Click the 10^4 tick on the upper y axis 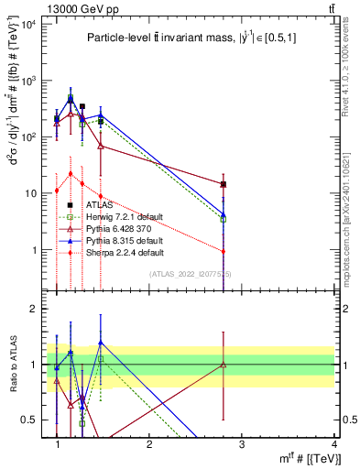coord(27,24)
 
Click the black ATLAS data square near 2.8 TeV coord(224,184)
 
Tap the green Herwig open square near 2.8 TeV coord(224,219)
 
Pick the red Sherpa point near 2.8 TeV coord(224,252)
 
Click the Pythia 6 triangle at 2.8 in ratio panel coord(224,365)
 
